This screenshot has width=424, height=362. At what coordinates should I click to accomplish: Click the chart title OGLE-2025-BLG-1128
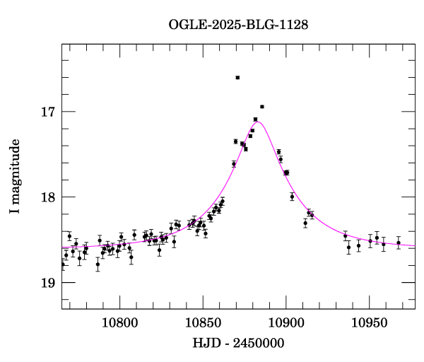coord(238,25)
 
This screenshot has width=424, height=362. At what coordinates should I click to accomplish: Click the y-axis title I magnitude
coord(15,177)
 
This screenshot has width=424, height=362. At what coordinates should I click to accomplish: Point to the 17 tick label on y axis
coord(49,112)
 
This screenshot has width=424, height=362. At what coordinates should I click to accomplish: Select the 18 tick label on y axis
coord(49,197)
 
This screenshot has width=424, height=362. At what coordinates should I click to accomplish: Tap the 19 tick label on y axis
coord(49,283)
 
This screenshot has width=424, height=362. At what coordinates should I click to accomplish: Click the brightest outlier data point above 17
coord(237,77)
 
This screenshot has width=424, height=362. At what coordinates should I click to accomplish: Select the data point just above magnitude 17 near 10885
coord(261,107)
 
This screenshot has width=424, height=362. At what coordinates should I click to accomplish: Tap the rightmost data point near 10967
coord(399,243)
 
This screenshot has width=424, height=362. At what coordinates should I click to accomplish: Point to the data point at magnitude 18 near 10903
coord(292,197)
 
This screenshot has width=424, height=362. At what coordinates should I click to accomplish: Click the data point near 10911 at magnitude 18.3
coord(305,223)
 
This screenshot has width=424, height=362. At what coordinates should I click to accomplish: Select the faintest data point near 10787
coord(98,264)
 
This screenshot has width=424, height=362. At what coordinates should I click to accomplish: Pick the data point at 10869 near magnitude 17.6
coord(234,164)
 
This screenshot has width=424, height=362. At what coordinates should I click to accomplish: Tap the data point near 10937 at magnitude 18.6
coord(348,247)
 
